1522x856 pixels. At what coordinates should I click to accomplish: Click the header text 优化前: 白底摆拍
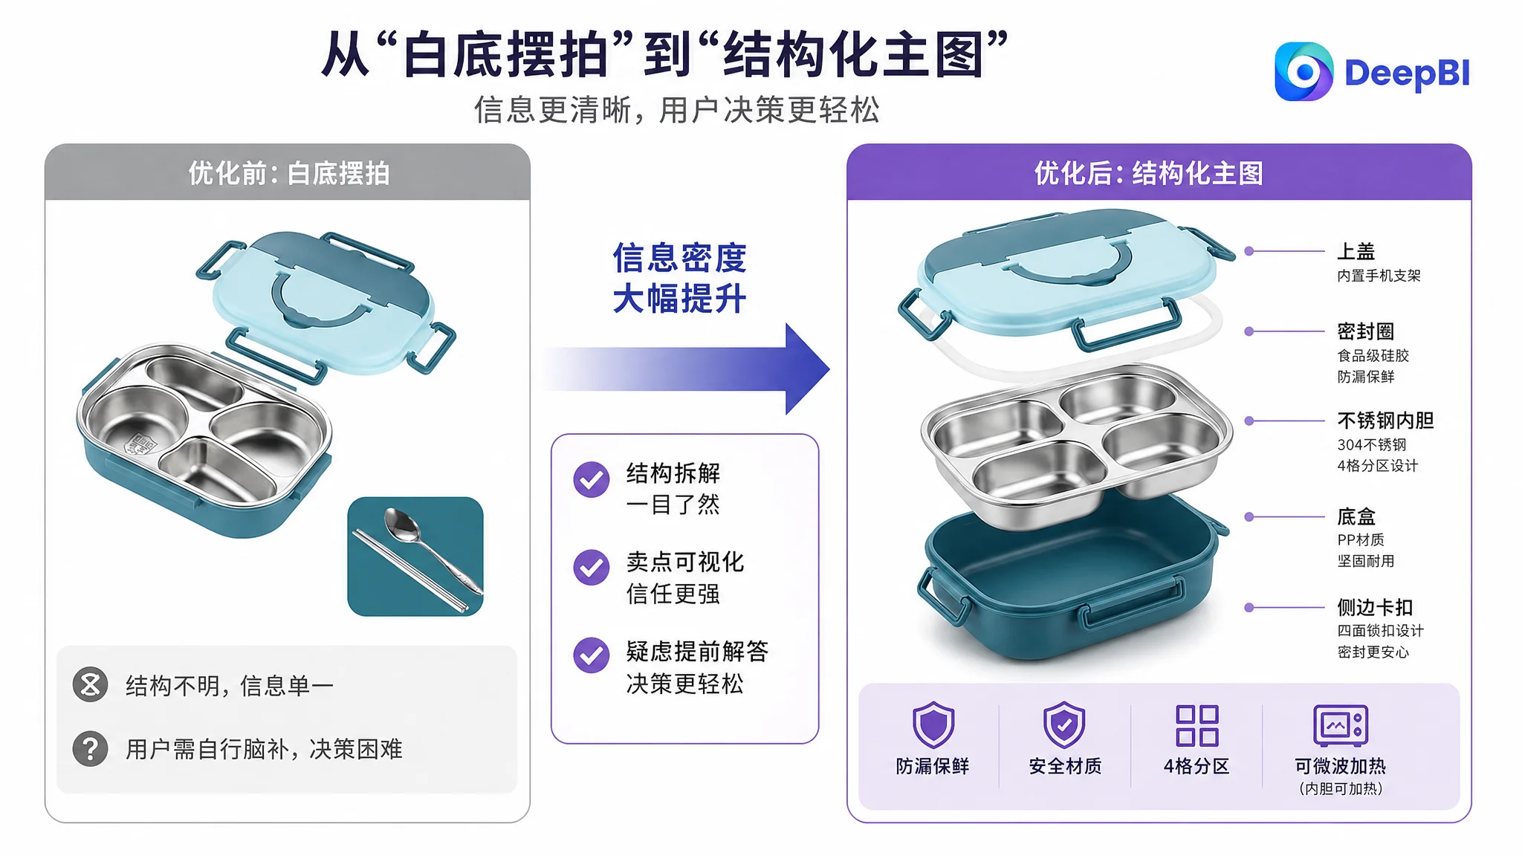pyautogui.click(x=288, y=173)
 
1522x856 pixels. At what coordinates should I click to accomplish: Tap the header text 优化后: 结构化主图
pyautogui.click(x=1149, y=173)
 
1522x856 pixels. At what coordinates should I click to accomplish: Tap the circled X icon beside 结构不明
pyautogui.click(x=91, y=684)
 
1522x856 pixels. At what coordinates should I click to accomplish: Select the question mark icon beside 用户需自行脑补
pyautogui.click(x=91, y=748)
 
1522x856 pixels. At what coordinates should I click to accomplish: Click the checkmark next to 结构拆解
pyautogui.click(x=592, y=479)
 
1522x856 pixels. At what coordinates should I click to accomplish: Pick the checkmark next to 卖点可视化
pyautogui.click(x=592, y=568)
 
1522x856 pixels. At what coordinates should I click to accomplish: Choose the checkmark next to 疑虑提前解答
pyautogui.click(x=592, y=655)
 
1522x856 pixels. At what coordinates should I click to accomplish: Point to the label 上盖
pyautogui.click(x=1356, y=251)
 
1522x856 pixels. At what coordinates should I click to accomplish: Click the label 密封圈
pyautogui.click(x=1366, y=331)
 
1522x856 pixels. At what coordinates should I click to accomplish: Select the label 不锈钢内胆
pyautogui.click(x=1385, y=421)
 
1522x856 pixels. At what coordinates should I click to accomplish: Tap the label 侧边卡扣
pyautogui.click(x=1375, y=607)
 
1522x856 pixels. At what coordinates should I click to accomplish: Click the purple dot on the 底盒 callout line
pyautogui.click(x=1249, y=516)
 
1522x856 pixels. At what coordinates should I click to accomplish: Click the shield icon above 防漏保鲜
pyautogui.click(x=933, y=724)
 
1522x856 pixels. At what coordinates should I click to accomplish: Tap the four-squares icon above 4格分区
pyautogui.click(x=1196, y=725)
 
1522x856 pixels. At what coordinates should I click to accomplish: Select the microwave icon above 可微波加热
pyautogui.click(x=1341, y=725)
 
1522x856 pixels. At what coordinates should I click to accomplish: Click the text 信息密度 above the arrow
pyautogui.click(x=679, y=258)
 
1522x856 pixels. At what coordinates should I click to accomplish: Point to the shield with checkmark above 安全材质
pyautogui.click(x=1064, y=724)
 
